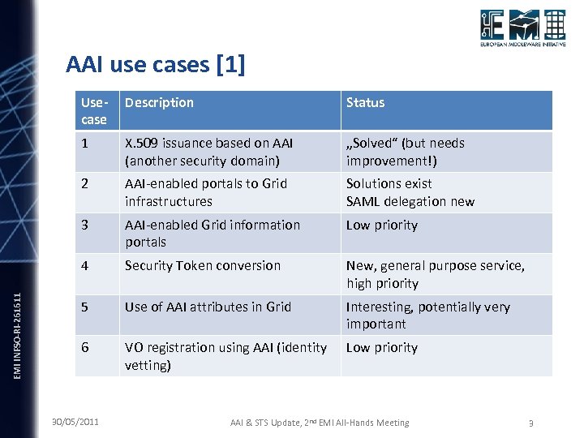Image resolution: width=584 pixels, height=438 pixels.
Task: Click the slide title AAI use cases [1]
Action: [x=155, y=63]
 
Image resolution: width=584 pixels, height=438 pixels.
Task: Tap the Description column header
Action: [x=159, y=103]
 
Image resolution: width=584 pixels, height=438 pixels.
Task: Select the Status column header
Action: [x=365, y=103]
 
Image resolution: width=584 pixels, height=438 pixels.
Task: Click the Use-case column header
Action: [x=94, y=111]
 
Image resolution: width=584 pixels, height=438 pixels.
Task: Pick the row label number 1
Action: [x=85, y=144]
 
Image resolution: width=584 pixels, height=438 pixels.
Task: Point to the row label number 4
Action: [x=85, y=266]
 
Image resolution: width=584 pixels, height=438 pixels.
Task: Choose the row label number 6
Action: [x=85, y=348]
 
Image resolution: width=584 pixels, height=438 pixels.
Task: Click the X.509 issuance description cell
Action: [x=208, y=152]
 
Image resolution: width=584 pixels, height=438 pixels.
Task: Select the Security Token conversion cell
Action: [x=203, y=266]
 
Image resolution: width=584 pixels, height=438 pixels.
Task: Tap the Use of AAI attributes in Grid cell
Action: [x=208, y=307]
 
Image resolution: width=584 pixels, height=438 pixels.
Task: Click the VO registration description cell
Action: [x=225, y=356]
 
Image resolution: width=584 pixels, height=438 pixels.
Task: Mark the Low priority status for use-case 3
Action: [x=381, y=225]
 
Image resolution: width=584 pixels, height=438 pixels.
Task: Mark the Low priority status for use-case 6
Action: [x=381, y=348]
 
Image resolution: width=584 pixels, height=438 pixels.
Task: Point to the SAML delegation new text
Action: [x=410, y=201]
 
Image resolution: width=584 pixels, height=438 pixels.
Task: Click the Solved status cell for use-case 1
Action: [x=405, y=152]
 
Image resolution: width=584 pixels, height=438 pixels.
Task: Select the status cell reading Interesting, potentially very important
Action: [x=428, y=315]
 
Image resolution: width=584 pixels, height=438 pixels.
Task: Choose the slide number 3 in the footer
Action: [x=530, y=423]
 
